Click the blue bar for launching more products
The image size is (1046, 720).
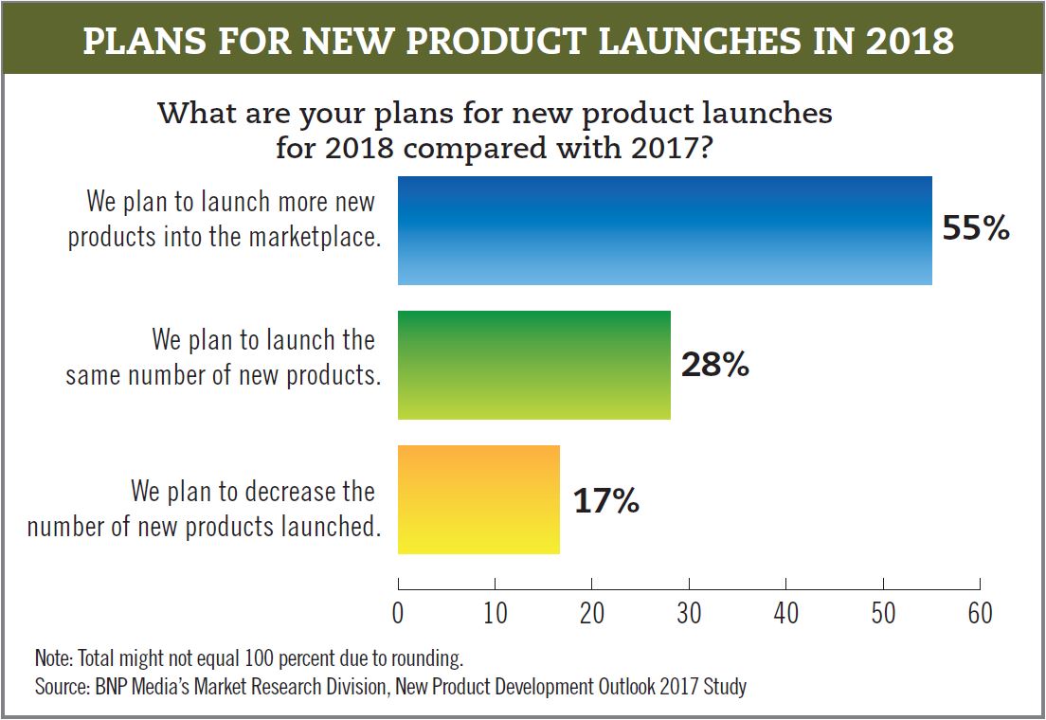pos(664,230)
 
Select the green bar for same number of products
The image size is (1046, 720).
pos(533,365)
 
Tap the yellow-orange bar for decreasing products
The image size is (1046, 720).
pos(478,499)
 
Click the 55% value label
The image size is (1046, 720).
pos(976,228)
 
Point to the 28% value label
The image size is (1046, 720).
pos(714,365)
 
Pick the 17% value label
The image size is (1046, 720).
pos(605,500)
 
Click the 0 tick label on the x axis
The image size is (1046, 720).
pos(398,613)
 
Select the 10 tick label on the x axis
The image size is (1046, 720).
pos(495,613)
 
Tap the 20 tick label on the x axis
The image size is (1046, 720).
pos(592,613)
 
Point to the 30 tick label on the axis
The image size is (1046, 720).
pos(689,613)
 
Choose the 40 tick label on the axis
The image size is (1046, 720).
pos(786,613)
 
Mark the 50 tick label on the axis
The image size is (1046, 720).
pos(883,613)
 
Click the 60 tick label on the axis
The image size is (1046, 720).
pos(980,613)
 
